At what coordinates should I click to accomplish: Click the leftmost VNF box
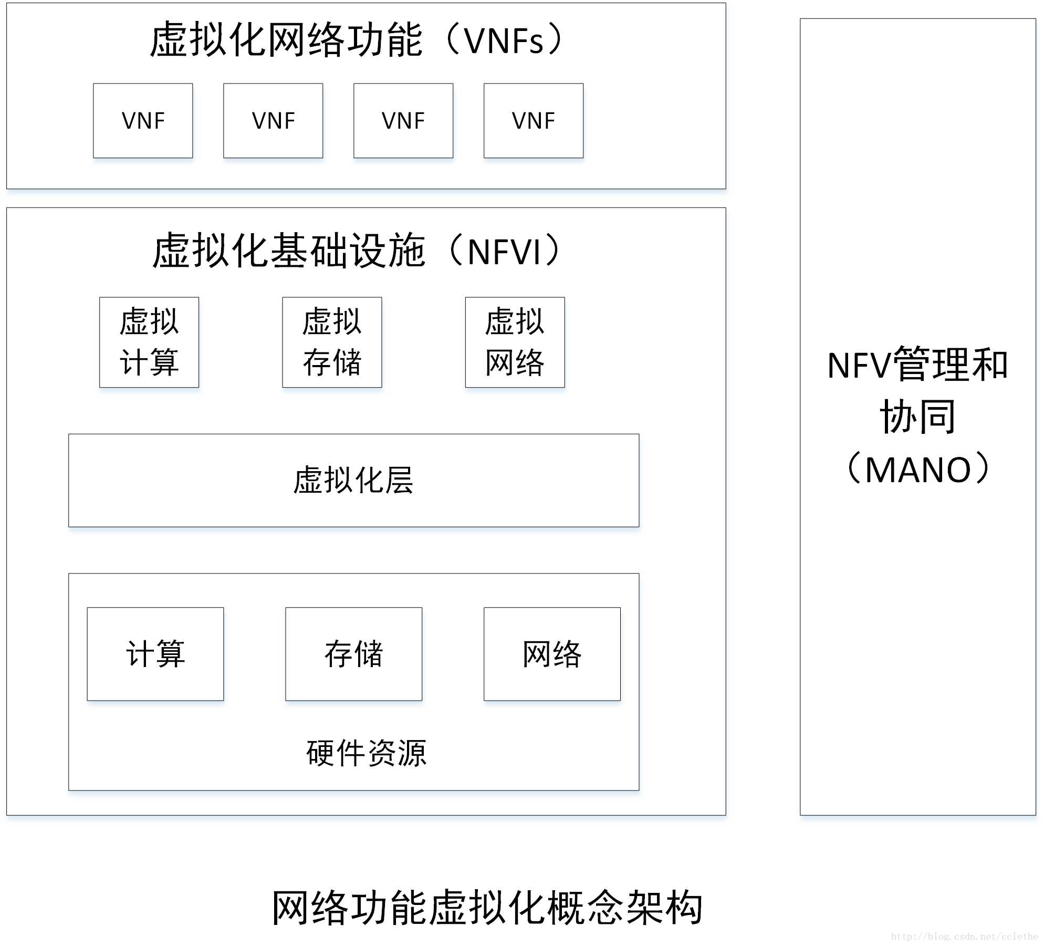pos(143,121)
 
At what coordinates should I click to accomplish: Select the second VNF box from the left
pos(273,121)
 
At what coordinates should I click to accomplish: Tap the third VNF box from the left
pos(403,121)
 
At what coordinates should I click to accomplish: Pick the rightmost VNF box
pos(534,121)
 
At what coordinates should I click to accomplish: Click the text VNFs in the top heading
pos(504,41)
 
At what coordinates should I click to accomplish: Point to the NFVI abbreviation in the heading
pos(504,252)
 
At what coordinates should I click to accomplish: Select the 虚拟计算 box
pos(149,342)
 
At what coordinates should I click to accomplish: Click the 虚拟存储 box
pos(332,342)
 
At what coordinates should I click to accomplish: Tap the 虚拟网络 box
pos(515,342)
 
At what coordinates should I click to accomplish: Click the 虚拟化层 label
pos(353,480)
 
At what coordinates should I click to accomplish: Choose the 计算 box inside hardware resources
pos(155,654)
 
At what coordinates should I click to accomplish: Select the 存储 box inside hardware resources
pos(353,654)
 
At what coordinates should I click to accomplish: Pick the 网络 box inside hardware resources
pos(552,654)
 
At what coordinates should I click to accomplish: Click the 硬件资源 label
pos(366,753)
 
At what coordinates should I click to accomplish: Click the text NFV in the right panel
pos(859,366)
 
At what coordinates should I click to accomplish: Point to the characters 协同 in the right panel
pos(917,417)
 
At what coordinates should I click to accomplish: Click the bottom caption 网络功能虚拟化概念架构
pos(487,908)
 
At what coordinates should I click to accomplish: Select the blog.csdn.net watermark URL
pos(964,936)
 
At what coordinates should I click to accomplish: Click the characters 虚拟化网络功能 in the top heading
pos(286,40)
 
